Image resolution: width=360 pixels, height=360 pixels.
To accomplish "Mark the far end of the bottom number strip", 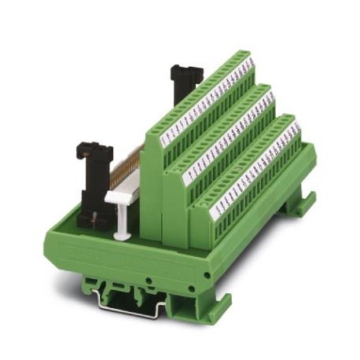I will pyautogui.click(x=295, y=127).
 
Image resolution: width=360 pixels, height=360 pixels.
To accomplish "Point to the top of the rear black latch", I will pyautogui.click(x=186, y=69).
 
